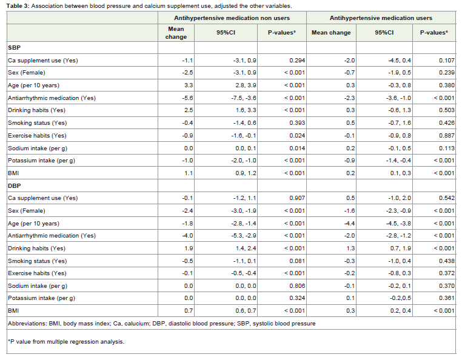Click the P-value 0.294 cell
297,61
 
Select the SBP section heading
14,48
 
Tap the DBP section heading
14,185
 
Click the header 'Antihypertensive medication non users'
232,18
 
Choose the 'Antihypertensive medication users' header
381,18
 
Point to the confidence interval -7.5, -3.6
244,98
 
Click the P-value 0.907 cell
297,198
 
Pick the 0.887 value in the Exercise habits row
447,136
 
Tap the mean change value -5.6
187,98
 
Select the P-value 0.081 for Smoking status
297,261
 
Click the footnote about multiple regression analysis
66,342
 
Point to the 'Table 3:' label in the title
18,6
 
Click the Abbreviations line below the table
161,324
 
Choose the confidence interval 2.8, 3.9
246,85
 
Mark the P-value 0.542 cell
447,198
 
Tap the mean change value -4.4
349,223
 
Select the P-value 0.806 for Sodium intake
297,286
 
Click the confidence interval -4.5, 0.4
400,61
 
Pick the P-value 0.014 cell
297,148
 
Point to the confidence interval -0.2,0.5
400,298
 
